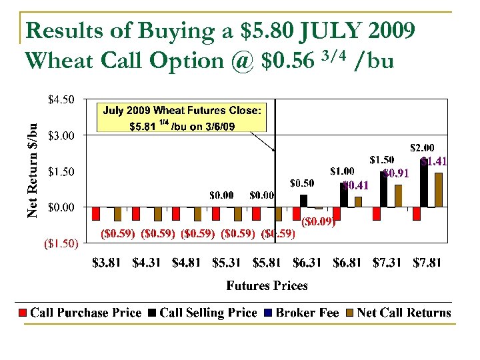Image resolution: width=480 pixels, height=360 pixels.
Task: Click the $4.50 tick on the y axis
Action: pyautogui.click(x=61, y=101)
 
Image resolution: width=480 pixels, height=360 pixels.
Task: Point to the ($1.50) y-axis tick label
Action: pyautogui.click(x=61, y=243)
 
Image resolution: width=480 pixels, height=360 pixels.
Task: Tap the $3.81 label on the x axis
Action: pyautogui.click(x=107, y=263)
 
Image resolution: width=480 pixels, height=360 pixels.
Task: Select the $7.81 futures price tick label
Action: pyautogui.click(x=427, y=263)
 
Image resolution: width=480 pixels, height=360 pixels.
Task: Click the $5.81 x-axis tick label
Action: pyautogui.click(x=267, y=263)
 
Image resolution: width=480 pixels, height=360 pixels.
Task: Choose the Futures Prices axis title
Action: pyautogui.click(x=267, y=286)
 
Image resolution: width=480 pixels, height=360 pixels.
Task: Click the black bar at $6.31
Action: pyautogui.click(x=304, y=201)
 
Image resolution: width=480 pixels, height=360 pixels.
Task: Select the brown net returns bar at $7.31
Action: pyautogui.click(x=398, y=196)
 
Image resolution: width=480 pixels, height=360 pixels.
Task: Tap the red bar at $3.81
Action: pyautogui.click(x=96, y=213)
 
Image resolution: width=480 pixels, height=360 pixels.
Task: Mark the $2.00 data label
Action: pyautogui.click(x=422, y=147)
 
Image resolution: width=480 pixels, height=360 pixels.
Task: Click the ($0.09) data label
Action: pyautogui.click(x=318, y=222)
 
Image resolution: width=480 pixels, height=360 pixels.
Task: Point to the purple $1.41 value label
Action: pyautogui.click(x=433, y=161)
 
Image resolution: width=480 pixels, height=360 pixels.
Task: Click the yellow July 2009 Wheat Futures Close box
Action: pyautogui.click(x=181, y=117)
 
